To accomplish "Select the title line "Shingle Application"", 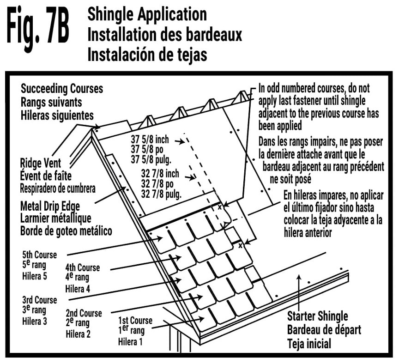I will tap(147, 14).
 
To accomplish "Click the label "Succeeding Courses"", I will tap(62, 88).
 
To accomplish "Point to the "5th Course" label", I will tap(39, 255).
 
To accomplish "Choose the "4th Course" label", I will tap(83, 267).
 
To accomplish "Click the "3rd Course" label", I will tap(39, 300).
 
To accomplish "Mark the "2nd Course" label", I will tap(84, 313).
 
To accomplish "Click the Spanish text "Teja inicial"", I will tap(309, 343).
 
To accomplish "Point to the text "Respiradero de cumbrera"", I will tap(58, 188).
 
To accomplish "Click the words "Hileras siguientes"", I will tap(57, 115).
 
